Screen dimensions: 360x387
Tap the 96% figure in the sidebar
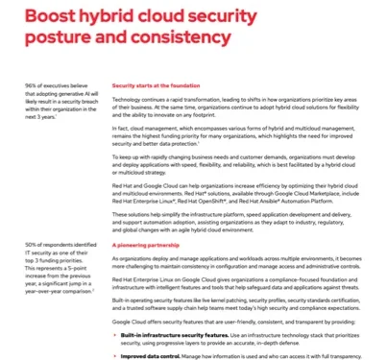pyautogui.click(x=33, y=85)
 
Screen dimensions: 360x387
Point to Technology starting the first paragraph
pyautogui.click(x=127, y=99)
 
